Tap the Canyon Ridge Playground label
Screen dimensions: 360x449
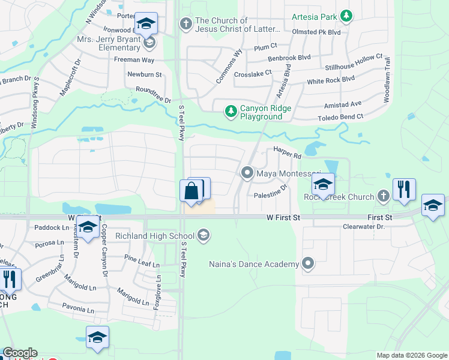point(265,112)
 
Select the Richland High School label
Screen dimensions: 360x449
point(156,236)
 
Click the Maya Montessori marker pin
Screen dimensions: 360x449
point(247,173)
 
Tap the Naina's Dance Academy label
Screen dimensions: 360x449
point(253,264)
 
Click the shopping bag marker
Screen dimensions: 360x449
point(191,191)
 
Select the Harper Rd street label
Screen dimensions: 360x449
point(287,154)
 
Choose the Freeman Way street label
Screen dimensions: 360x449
point(134,60)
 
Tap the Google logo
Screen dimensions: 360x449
point(20,353)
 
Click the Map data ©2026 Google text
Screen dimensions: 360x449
point(411,355)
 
